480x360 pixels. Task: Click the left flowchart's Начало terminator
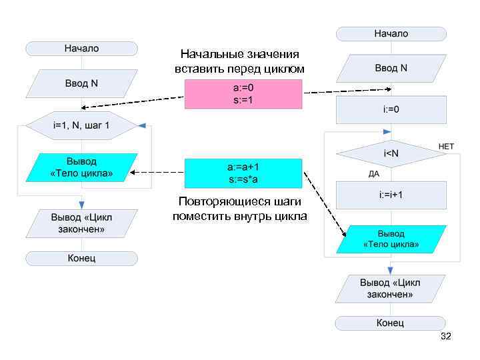point(81,48)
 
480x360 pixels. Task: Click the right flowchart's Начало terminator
point(391,33)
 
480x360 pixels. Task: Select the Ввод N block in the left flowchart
point(81,83)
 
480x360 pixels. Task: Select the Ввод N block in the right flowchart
point(391,68)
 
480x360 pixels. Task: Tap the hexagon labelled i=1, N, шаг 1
point(81,125)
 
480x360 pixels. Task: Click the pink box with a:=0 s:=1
point(243,94)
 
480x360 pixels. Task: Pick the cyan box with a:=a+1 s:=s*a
point(243,173)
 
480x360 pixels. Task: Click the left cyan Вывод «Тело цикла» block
point(81,167)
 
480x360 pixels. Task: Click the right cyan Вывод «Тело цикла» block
point(391,239)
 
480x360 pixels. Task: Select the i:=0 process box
point(391,109)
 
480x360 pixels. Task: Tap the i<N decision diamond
point(391,154)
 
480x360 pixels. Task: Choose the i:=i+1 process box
point(391,195)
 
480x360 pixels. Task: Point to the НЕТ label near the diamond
point(446,146)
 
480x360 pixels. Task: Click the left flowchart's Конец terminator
point(81,258)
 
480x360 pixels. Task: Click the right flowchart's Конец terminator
point(391,323)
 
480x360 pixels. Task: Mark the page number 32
point(446,337)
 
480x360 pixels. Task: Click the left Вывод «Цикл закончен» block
point(81,223)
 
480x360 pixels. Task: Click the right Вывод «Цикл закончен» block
point(391,288)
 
